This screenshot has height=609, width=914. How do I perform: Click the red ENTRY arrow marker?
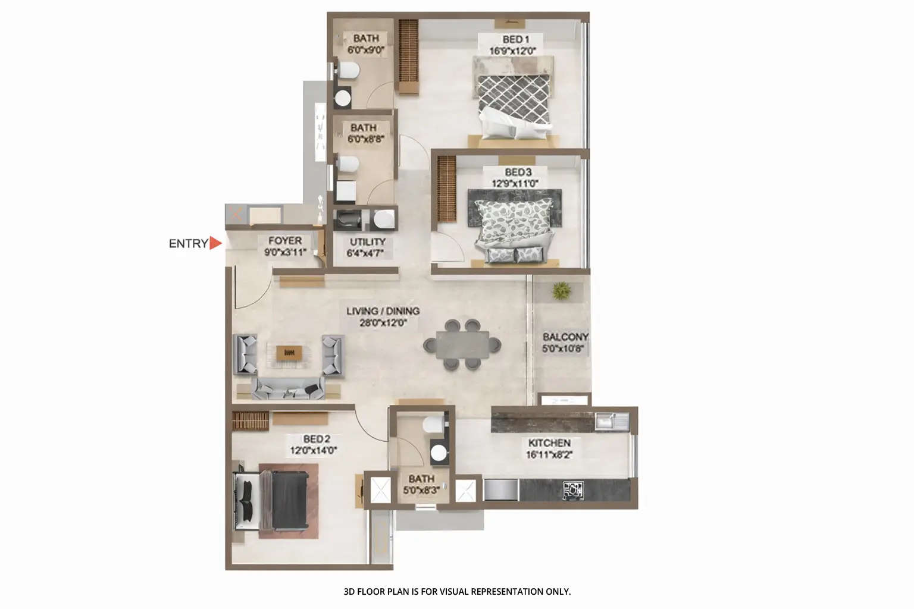215,243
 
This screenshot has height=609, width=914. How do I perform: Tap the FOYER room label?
285,241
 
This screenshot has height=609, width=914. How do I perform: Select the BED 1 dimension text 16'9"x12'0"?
512,51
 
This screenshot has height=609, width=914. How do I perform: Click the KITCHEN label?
549,443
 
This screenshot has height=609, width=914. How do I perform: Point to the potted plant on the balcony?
561,291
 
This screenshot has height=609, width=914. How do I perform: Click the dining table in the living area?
462,345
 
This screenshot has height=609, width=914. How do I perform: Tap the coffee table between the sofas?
289,353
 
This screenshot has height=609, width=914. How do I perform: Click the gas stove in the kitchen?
573,490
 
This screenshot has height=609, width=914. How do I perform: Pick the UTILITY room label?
367,242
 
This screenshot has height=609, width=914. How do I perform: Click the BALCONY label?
565,337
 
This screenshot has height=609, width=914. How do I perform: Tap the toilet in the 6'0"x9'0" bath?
349,72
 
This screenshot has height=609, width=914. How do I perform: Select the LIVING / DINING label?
383,311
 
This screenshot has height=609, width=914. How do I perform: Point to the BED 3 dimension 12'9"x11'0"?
515,184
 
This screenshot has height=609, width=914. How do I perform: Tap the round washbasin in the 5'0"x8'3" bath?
439,453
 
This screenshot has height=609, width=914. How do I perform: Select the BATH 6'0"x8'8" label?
363,128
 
